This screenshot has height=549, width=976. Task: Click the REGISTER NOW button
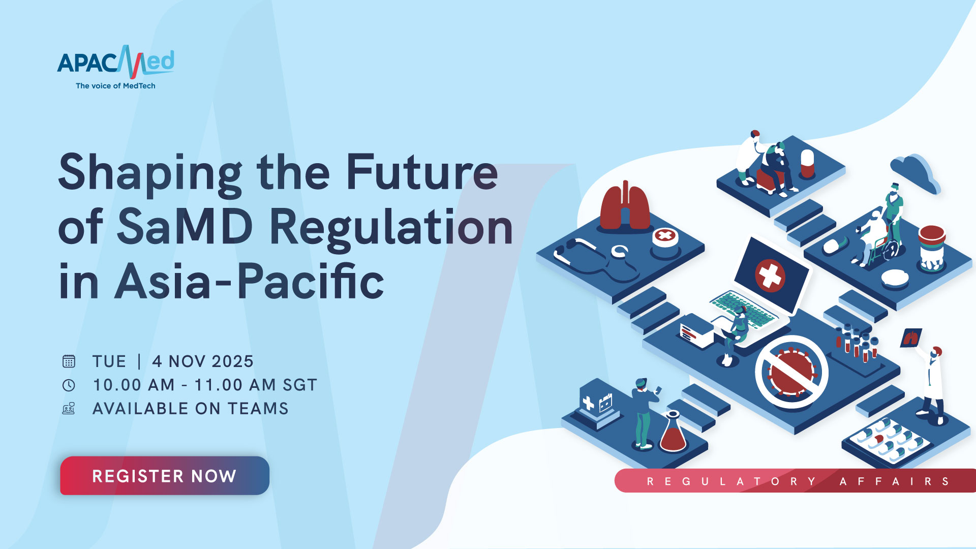[x=165, y=475]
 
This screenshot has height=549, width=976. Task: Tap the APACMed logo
[x=116, y=62]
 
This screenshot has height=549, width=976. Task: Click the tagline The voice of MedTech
[x=115, y=86]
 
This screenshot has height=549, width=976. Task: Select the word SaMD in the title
[x=185, y=227]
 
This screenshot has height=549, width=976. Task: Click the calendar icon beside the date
[x=69, y=361]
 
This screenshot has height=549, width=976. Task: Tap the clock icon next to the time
[x=69, y=385]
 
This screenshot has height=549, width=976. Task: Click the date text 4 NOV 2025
[x=203, y=361]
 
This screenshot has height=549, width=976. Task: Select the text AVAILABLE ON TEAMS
[x=191, y=409]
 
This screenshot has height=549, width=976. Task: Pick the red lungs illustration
[x=625, y=205]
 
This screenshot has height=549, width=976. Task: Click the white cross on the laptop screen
[x=770, y=276]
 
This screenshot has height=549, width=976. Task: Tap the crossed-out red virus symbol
[x=791, y=372]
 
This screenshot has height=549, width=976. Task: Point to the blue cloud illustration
[x=915, y=173]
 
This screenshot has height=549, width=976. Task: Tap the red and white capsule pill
[x=807, y=163]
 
